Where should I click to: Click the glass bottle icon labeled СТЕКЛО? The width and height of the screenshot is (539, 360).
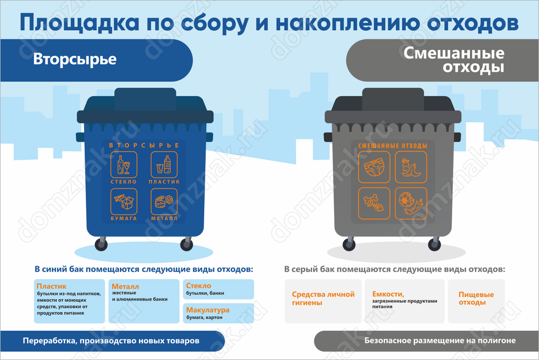pyautogui.click(x=124, y=165)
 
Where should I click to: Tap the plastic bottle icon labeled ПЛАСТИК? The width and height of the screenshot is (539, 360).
pyautogui.click(x=164, y=165)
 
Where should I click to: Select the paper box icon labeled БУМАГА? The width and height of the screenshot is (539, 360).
pyautogui.click(x=124, y=202)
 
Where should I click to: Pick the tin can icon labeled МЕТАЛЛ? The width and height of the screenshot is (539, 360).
pyautogui.click(x=164, y=202)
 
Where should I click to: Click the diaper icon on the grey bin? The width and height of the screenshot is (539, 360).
pyautogui.click(x=374, y=167)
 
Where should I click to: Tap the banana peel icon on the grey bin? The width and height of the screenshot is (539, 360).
pyautogui.click(x=411, y=167)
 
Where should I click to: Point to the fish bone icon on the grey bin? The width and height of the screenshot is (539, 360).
pyautogui.click(x=374, y=203)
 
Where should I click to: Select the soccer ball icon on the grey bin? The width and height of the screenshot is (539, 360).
pyautogui.click(x=411, y=203)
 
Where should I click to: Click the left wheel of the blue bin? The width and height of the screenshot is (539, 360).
pyautogui.click(x=101, y=245)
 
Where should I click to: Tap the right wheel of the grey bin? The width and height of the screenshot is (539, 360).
pyautogui.click(x=434, y=245)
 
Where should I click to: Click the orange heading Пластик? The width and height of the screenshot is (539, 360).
pyautogui.click(x=52, y=286)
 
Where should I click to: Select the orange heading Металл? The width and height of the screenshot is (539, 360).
pyautogui.click(x=125, y=286)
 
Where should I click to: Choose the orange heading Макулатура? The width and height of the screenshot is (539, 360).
pyautogui.click(x=208, y=310)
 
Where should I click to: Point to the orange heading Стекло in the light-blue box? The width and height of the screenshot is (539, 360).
pyautogui.click(x=199, y=286)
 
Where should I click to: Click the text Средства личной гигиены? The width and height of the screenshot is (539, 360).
pyautogui.click(x=323, y=299)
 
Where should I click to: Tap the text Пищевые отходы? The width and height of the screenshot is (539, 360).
pyautogui.click(x=476, y=299)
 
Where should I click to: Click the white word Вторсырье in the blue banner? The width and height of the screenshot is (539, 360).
pyautogui.click(x=75, y=59)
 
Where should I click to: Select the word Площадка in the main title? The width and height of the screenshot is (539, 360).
pyautogui.click(x=79, y=22)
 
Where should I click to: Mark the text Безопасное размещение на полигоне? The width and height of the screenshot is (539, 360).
pyautogui.click(x=440, y=341)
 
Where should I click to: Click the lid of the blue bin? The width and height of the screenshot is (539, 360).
pyautogui.click(x=145, y=106)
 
